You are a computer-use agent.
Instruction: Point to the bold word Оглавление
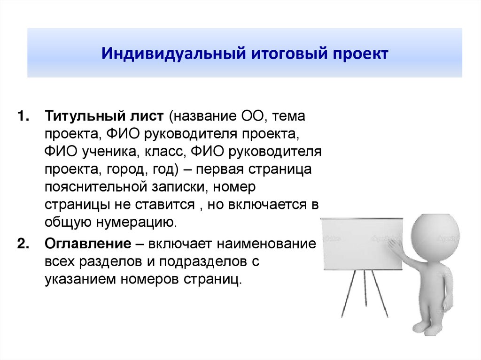(87, 244)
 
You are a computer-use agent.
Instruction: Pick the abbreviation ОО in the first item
(252, 115)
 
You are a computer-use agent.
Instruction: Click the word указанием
(79, 279)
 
